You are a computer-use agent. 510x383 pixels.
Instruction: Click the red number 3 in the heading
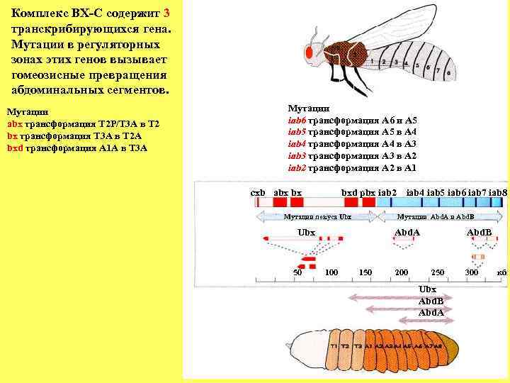pos(166,13)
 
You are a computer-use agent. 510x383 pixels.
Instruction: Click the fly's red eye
pos(310,52)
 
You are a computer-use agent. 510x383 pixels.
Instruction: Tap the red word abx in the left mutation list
pos(15,123)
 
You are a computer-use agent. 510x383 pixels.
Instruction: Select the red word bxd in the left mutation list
pos(15,148)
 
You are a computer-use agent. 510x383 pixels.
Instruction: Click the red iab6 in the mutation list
pos(296,120)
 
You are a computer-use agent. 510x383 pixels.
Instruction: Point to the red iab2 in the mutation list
pos(296,168)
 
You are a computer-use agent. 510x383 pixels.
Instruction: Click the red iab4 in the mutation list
pos(296,144)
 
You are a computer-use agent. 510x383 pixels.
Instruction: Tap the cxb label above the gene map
pos(258,192)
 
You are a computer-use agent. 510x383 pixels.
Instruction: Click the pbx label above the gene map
pos(368,192)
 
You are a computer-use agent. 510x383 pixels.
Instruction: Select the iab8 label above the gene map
pos(498,192)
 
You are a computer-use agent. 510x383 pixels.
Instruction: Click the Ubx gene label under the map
pos(306,232)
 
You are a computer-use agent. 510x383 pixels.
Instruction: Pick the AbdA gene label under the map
pos(407,232)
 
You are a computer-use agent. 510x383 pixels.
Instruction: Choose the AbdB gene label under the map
pos(480,232)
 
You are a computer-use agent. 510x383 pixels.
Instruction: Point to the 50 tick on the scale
pos(298,272)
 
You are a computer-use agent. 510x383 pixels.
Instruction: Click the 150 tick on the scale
pos(365,272)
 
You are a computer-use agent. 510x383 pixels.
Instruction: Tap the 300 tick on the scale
pos(471,272)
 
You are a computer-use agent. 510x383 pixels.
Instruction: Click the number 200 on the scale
pos(402,272)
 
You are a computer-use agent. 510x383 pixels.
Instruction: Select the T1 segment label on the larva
pos(333,346)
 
